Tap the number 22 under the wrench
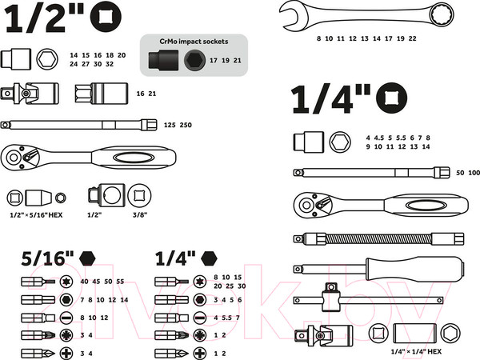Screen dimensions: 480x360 (412, 38)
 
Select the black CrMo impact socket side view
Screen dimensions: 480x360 (163, 60)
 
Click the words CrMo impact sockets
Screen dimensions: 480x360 (194, 42)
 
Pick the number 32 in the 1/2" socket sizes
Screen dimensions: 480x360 (110, 64)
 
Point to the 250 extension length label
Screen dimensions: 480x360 (186, 125)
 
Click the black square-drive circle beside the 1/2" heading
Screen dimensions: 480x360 (106, 17)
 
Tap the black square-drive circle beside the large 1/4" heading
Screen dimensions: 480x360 (391, 98)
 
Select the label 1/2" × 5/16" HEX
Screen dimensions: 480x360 (36, 215)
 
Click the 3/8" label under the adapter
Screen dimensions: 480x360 (140, 215)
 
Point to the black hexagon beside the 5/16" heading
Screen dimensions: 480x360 (87, 258)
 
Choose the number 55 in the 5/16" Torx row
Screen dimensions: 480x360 (120, 282)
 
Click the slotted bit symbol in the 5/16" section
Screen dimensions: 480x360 (66, 318)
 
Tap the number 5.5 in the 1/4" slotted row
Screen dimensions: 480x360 (227, 318)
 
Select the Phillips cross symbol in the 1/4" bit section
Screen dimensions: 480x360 (199, 354)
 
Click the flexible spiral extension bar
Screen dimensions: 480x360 (378, 238)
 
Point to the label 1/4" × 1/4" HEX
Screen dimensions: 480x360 (416, 351)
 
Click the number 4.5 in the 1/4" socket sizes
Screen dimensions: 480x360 (379, 138)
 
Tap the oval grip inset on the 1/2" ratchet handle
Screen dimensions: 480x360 (134, 158)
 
